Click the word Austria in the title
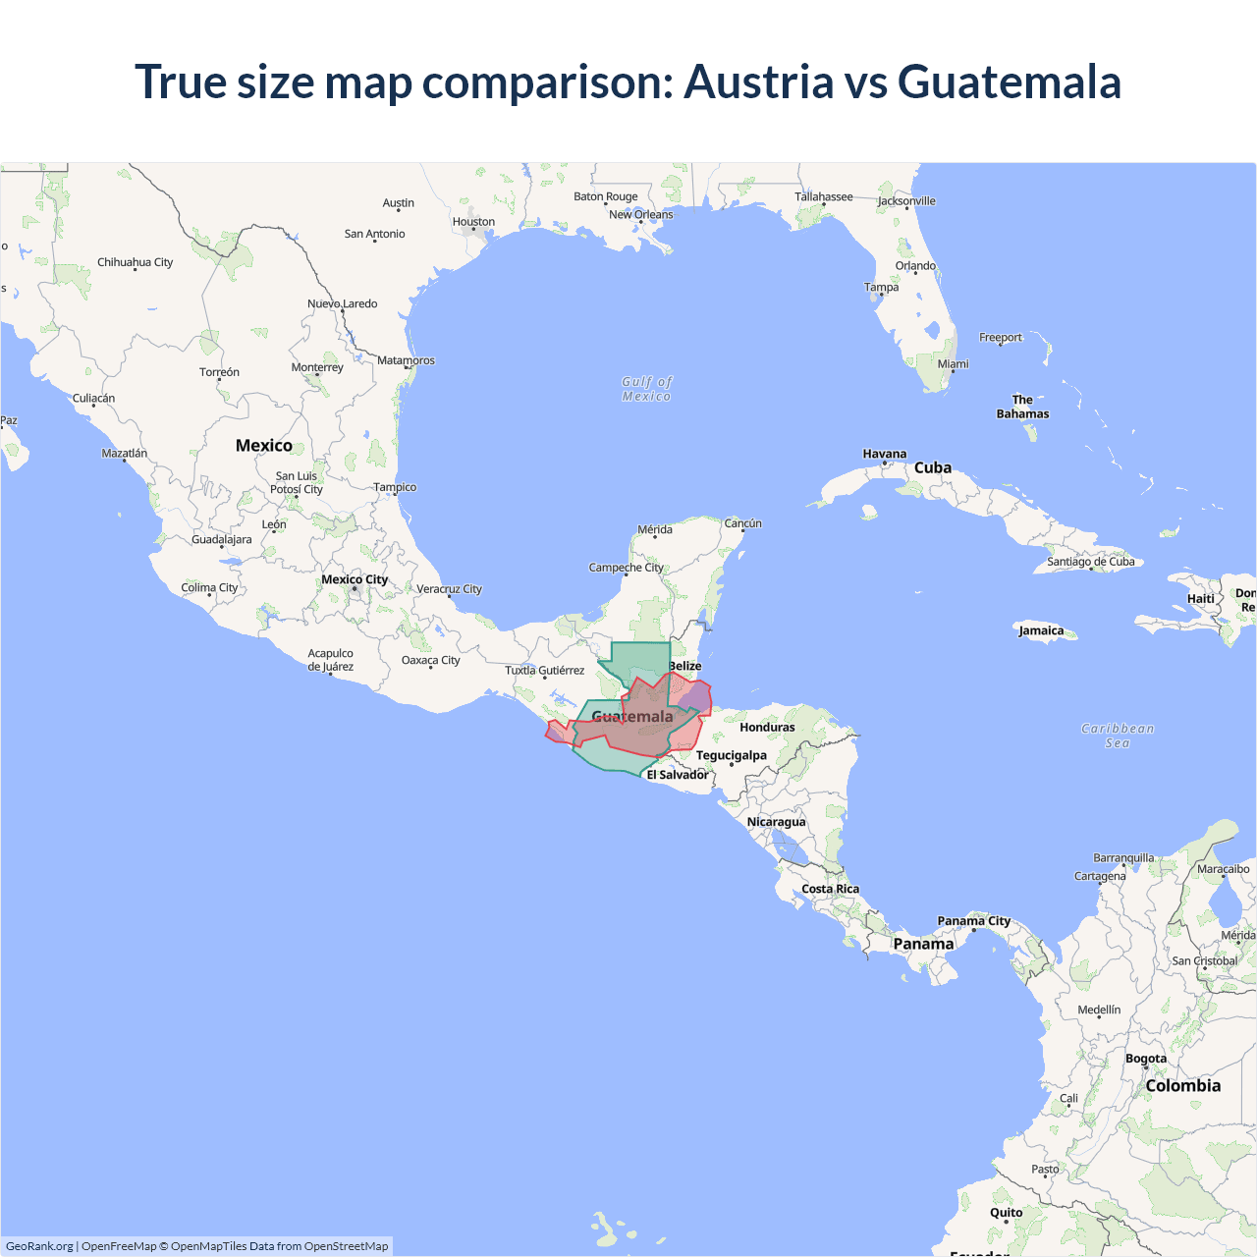(758, 82)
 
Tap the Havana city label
(884, 454)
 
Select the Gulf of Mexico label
(646, 389)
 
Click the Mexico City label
(355, 579)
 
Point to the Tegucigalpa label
(731, 755)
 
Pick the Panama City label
(973, 921)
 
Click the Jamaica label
(1041, 630)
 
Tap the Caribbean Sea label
(1118, 736)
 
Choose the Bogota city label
(1146, 1059)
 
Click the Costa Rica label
(830, 889)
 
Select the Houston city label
(473, 222)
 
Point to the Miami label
(953, 363)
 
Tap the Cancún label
(742, 523)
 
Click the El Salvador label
(677, 775)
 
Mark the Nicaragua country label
(776, 822)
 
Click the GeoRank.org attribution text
(39, 1246)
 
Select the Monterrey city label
(317, 367)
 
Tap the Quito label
(1006, 1213)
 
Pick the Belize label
(685, 666)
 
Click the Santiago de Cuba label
(1090, 562)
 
